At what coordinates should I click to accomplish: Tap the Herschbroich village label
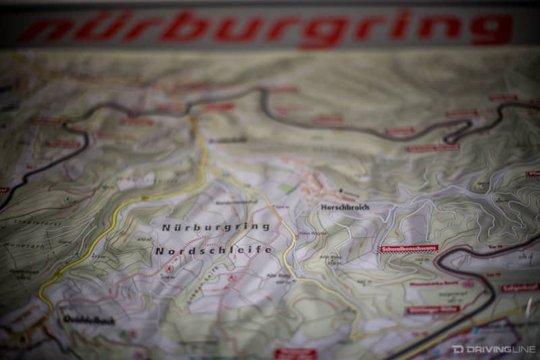click(346, 207)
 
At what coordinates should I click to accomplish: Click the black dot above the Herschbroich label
click(341, 191)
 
